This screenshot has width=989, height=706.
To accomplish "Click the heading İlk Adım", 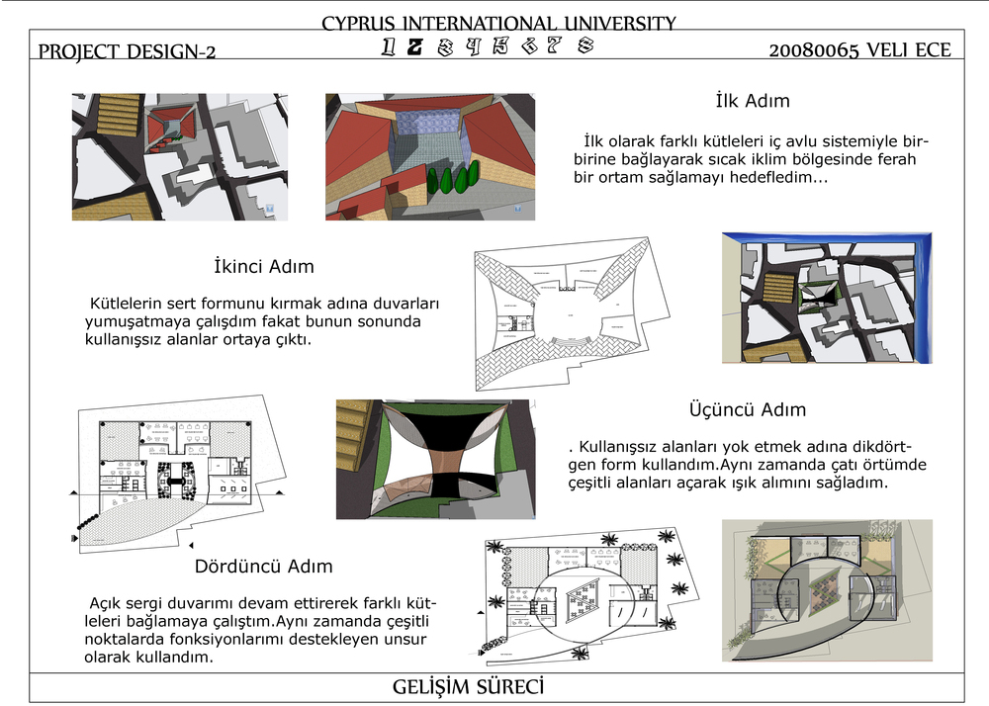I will click(753, 101).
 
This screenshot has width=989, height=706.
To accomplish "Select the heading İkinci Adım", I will click(263, 266).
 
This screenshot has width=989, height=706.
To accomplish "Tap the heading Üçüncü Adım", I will click(747, 409).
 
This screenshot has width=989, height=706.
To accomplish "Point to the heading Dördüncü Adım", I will click(263, 567).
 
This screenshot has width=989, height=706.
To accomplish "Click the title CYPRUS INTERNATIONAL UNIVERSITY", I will click(498, 24).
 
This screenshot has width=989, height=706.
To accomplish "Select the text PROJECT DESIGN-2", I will click(127, 51).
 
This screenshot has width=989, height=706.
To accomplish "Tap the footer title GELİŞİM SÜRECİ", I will click(469, 687).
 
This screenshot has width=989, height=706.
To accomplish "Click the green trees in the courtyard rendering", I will click(454, 179).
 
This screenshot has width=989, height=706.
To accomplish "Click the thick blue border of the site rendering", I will click(926, 297).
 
